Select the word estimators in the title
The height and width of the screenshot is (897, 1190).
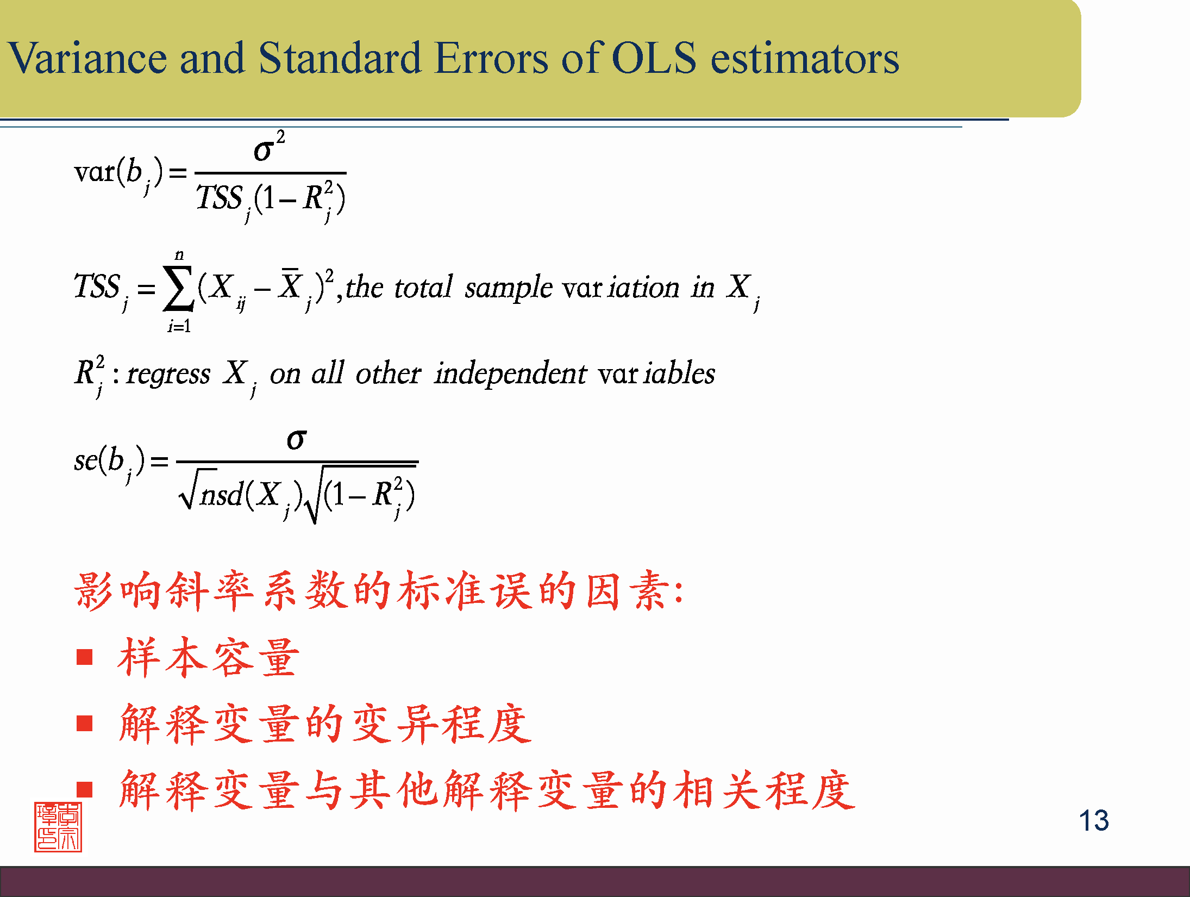[x=805, y=59]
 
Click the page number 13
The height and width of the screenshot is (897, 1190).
[x=1093, y=820]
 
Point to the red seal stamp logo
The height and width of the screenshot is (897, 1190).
[x=58, y=827]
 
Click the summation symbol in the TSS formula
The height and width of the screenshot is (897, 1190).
[x=178, y=288]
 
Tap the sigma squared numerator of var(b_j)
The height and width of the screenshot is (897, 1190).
[x=269, y=146]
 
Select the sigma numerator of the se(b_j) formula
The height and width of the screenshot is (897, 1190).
[x=297, y=439]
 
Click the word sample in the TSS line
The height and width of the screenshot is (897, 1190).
[x=508, y=288]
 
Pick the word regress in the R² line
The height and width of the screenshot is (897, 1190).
[x=168, y=375]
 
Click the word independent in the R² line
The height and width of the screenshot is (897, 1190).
[x=510, y=374]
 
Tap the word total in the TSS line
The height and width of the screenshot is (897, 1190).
[x=423, y=286]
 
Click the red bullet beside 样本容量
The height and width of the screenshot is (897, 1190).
[x=85, y=657]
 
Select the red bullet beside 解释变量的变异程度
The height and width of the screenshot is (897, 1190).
[x=85, y=724]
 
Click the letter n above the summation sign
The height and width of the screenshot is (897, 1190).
[x=179, y=256]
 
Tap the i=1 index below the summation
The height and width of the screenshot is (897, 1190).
[x=179, y=326]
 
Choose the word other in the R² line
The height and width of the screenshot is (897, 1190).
[x=388, y=373]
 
